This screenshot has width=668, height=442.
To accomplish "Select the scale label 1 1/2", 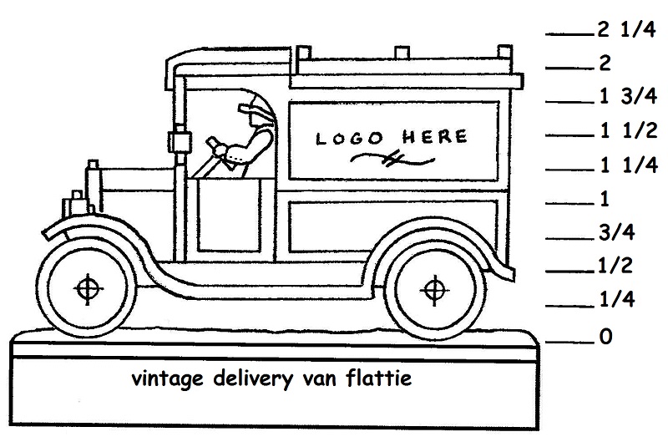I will click(629, 131).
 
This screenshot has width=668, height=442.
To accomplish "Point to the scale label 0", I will click(606, 338).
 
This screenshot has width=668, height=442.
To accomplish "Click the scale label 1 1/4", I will click(629, 165).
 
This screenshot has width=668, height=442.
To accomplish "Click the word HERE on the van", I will click(434, 136).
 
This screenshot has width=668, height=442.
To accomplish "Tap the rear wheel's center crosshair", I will click(433, 290).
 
